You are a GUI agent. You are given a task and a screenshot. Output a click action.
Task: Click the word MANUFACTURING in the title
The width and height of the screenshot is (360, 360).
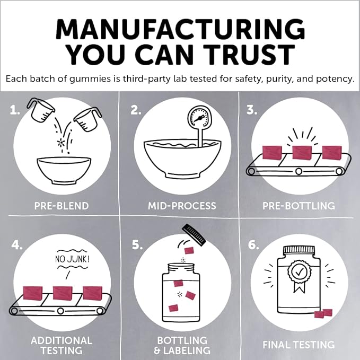tap(180, 29)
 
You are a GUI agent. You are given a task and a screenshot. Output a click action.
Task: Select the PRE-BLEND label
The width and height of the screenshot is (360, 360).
tap(62, 206)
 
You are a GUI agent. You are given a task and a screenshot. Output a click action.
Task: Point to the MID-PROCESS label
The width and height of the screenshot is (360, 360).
tap(182, 206)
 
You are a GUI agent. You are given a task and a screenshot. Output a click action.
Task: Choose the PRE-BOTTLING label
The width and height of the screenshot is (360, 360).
tap(298, 206)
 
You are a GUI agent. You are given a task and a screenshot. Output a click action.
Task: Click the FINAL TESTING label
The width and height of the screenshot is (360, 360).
tap(298, 345)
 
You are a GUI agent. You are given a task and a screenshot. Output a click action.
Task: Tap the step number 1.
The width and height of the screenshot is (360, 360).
tap(15, 110)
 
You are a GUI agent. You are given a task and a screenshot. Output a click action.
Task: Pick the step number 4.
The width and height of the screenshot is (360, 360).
tap(17, 245)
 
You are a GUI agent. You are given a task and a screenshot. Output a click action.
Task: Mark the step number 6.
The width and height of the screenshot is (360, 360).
tap(253, 245)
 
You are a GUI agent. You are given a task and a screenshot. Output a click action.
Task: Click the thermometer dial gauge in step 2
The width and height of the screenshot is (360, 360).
tap(198, 118)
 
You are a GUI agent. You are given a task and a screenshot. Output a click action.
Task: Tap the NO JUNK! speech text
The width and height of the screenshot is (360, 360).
tap(72, 259)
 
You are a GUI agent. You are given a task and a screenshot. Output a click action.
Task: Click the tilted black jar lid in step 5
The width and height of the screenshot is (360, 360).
tap(194, 235)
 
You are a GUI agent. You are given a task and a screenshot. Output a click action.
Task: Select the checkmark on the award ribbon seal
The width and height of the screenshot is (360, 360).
tap(299, 272)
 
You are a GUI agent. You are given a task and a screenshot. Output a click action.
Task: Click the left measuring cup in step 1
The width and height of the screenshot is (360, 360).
tap(41, 110)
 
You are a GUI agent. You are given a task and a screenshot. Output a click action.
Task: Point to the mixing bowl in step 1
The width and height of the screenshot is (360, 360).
tap(64, 170)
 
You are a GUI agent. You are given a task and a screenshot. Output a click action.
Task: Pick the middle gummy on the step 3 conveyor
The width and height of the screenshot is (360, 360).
tap(302, 152)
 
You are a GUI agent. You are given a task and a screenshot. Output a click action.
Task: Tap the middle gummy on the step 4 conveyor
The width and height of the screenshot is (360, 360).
tap(63, 293)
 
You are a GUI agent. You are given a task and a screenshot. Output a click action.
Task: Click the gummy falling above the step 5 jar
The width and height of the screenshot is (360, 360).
tap(189, 250)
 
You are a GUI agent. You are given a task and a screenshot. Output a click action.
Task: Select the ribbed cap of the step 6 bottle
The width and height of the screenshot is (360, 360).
tap(299, 250)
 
